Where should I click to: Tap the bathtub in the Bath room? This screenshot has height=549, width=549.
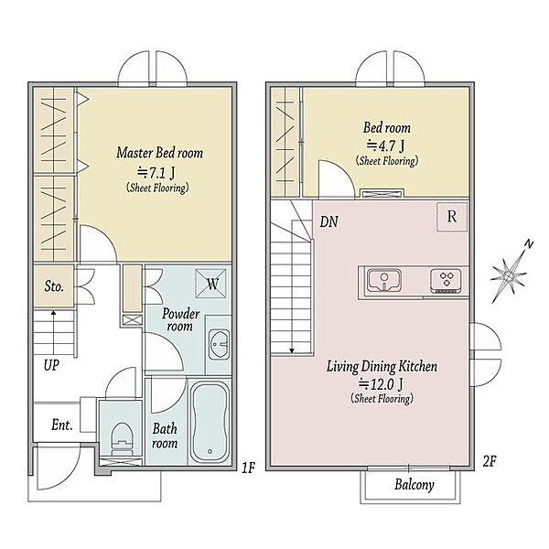click(x=210, y=422)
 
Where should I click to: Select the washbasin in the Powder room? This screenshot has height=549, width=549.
click(x=220, y=344)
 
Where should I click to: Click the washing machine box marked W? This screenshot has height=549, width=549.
click(x=210, y=284)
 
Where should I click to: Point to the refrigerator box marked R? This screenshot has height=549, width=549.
click(x=452, y=217)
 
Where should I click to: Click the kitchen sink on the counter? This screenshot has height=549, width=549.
click(x=384, y=280)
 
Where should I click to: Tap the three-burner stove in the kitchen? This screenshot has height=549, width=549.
click(x=446, y=281)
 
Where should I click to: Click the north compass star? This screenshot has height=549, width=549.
click(x=510, y=274)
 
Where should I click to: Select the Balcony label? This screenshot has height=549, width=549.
click(x=414, y=485)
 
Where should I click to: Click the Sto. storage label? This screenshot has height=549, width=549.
click(x=54, y=286)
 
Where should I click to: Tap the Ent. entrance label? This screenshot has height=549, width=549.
click(x=62, y=425)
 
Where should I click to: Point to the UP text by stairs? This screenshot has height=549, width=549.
click(x=51, y=365)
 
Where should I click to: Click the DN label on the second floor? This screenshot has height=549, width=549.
click(x=329, y=221)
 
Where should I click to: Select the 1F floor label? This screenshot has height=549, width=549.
click(x=248, y=468)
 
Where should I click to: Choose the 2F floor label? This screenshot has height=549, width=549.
click(x=490, y=461)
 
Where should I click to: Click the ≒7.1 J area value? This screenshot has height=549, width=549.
click(x=156, y=173)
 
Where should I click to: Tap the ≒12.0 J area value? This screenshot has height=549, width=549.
click(x=381, y=384)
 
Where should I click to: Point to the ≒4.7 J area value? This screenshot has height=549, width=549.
click(x=385, y=145)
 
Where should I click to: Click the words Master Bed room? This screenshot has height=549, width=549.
click(x=159, y=153)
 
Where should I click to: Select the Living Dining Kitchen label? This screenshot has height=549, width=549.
click(x=382, y=367)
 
